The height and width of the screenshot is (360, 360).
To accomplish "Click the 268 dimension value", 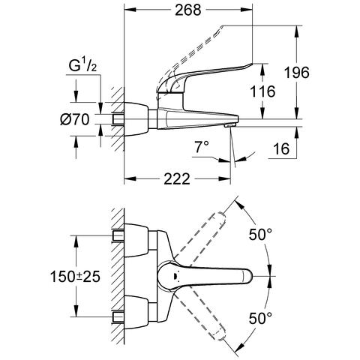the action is pos(187,10).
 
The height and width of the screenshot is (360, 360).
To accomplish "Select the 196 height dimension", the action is pos(297,73).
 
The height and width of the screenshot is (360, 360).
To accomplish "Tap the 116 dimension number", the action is pos(262,91).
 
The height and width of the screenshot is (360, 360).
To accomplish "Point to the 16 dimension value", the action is pos(281,149).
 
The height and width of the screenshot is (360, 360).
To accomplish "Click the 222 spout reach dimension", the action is pos(177,179).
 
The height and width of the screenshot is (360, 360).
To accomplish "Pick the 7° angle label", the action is pos(202,147).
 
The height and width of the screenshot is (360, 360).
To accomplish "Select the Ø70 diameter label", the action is pos(75,119).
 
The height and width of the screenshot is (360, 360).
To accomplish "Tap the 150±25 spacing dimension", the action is pos(75,277).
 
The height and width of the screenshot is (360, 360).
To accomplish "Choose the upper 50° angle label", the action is pos(260,235).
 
